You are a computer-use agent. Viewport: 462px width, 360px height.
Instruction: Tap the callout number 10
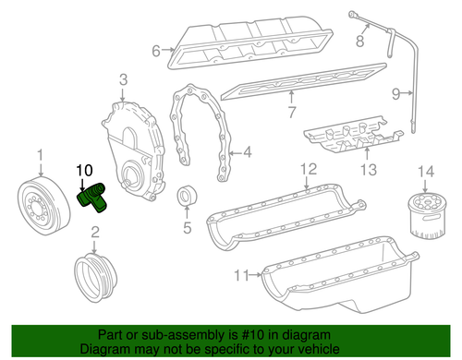(x=84, y=171)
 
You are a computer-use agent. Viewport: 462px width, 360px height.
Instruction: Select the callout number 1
(x=39, y=154)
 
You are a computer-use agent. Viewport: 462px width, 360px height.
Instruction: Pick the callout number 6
(x=156, y=51)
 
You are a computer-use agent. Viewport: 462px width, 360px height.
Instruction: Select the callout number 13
(x=369, y=169)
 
